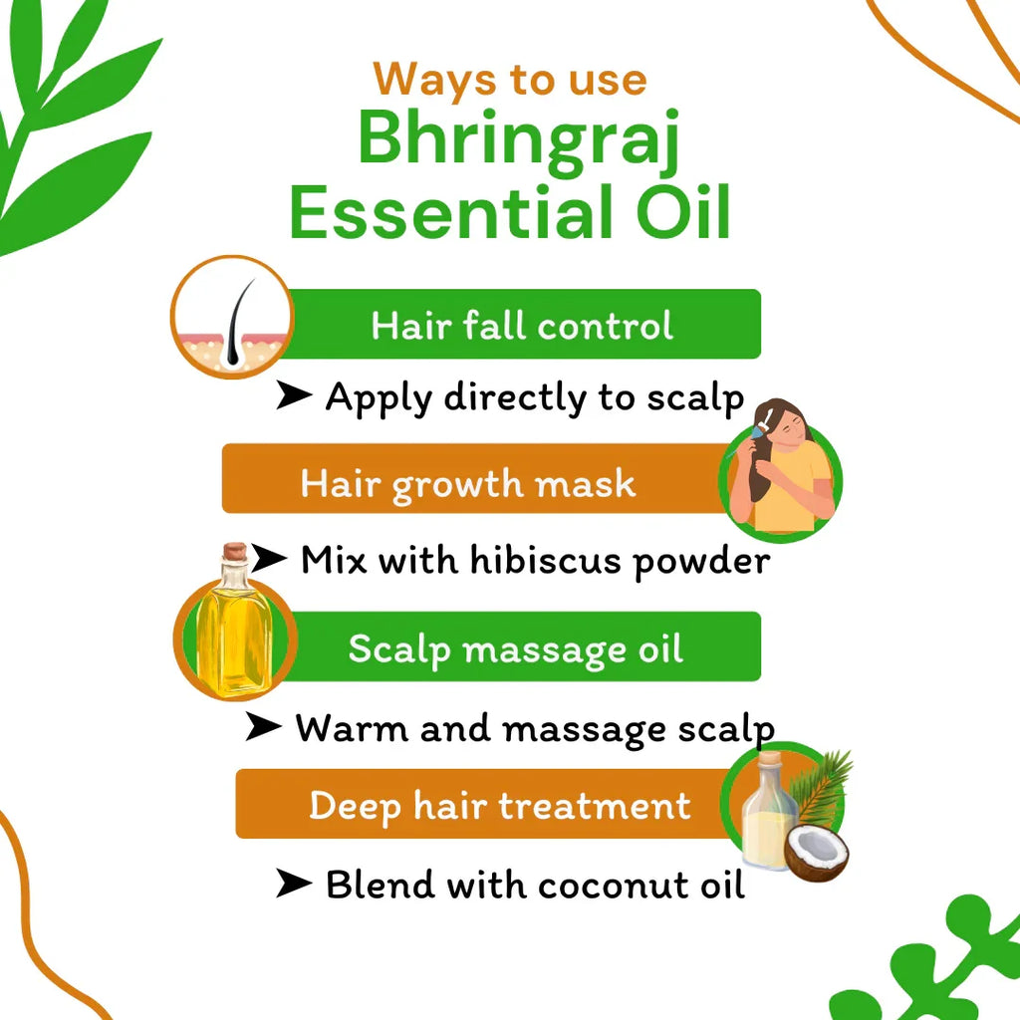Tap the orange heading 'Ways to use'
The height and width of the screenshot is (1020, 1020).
tap(509, 79)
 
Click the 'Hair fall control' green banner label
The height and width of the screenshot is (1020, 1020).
tap(522, 326)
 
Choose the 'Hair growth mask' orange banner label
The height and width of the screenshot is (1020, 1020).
tap(467, 483)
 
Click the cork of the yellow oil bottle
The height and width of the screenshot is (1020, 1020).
tap(234, 551)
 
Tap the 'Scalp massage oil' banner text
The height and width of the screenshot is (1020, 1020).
tap(515, 649)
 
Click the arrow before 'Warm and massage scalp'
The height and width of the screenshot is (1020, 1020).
tap(264, 728)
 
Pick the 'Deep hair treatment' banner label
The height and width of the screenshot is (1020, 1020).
tap(499, 805)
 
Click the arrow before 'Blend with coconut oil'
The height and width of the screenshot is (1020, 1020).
tap(295, 884)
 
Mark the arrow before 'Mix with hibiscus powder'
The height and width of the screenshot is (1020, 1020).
tap(269, 559)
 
